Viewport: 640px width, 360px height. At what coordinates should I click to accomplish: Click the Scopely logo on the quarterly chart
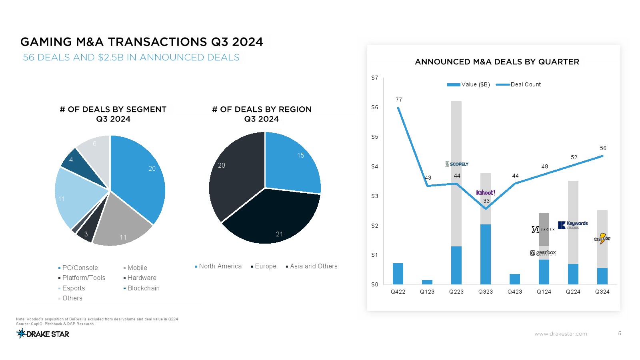(x=456, y=164)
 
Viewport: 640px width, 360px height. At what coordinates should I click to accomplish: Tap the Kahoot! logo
(x=486, y=193)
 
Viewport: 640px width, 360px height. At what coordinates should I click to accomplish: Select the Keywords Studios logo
(x=573, y=225)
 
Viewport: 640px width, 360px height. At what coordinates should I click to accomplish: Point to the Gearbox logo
(x=543, y=253)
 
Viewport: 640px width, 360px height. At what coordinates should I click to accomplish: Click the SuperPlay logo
(x=602, y=239)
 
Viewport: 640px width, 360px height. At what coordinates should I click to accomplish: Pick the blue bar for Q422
(x=398, y=274)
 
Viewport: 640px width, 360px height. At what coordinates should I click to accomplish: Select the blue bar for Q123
(x=427, y=282)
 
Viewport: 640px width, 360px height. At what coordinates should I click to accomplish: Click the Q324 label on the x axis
(x=602, y=292)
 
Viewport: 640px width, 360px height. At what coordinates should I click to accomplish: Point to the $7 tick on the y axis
(x=374, y=78)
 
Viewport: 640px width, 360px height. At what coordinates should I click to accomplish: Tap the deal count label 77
(x=399, y=100)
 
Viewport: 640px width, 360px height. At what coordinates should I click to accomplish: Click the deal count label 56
(x=603, y=148)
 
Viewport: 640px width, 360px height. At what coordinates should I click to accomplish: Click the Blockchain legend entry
(x=143, y=288)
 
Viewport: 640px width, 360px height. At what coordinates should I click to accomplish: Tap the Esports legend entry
(x=74, y=288)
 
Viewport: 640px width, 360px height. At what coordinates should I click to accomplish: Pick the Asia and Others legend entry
(x=314, y=266)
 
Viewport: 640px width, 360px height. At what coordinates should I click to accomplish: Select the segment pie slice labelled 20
(x=140, y=176)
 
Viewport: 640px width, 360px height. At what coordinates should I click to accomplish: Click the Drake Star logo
(x=43, y=334)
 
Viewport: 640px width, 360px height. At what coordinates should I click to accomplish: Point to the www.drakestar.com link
(x=560, y=334)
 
